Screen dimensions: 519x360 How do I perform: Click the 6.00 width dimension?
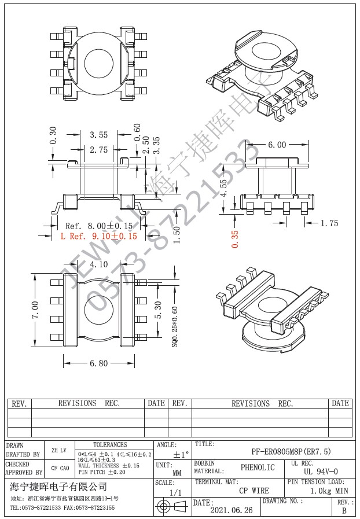tap(276, 145)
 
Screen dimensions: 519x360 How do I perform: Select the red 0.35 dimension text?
tap(234, 238)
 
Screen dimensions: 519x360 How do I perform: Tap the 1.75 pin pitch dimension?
tap(328, 223)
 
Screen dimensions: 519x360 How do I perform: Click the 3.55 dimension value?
tap(98, 135)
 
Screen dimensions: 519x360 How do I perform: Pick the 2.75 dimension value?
tap(98, 149)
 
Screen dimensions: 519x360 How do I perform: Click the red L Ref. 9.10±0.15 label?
tap(99, 236)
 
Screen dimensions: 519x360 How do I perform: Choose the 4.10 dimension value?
tap(98, 264)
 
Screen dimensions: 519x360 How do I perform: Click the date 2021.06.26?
tap(231, 510)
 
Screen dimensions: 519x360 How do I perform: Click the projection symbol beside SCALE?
tap(172, 507)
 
